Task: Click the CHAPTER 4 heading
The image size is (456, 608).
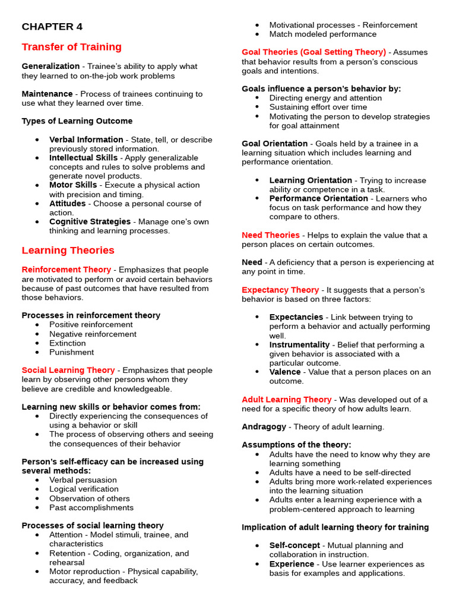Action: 52,27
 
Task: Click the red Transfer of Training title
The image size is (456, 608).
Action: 71,47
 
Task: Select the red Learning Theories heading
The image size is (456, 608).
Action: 68,250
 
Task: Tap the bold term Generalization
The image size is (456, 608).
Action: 50,66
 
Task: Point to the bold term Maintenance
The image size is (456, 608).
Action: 47,94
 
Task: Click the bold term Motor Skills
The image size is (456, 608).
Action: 73,185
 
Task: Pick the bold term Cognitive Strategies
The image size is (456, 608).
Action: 90,221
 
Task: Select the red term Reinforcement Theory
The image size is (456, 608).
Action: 66,270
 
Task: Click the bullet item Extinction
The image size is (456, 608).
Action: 67,343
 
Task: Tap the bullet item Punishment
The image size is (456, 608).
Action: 71,352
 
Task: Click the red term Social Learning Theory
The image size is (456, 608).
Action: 68,370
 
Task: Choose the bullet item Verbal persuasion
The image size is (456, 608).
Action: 83,480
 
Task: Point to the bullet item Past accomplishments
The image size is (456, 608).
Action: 91,508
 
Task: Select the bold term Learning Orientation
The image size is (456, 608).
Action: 310,180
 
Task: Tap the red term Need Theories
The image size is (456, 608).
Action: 271,235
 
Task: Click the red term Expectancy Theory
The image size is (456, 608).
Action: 280,290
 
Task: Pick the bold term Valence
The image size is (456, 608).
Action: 285,372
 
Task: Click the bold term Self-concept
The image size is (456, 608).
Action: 294,545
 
